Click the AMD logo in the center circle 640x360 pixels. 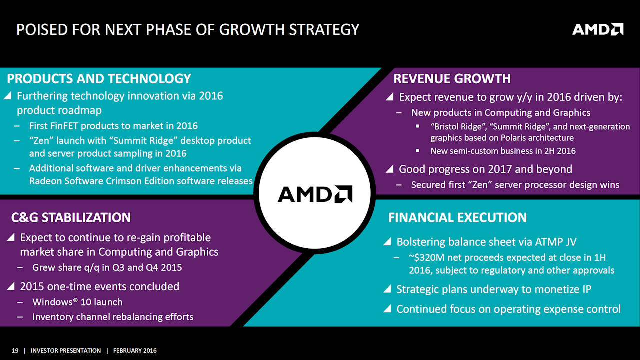315,194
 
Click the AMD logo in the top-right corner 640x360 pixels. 597,29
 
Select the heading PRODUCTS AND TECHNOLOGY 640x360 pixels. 99,79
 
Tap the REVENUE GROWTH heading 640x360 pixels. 452,79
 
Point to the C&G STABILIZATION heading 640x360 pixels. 71,217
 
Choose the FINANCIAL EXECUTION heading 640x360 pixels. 457,217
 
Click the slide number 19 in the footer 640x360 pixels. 15,351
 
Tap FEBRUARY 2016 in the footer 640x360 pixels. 135,351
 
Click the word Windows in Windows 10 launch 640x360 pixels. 52,302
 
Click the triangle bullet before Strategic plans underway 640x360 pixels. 387,289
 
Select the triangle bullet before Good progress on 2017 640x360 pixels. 389,169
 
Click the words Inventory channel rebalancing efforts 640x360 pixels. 112,317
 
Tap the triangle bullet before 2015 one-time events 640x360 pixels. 11,286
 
